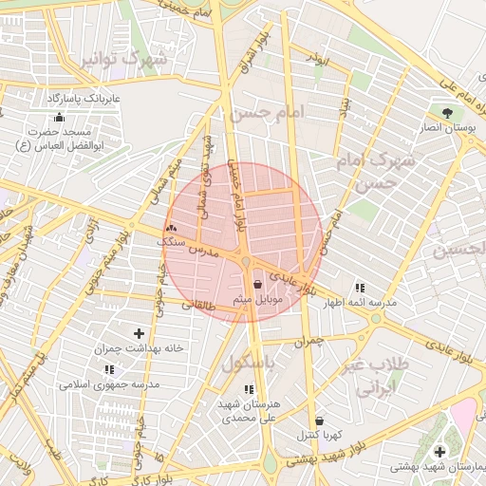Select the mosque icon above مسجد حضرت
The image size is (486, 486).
(60, 118)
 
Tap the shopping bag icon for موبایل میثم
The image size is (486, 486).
(258, 283)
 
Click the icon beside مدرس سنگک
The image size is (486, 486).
(171, 228)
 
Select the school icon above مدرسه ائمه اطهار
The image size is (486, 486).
(359, 287)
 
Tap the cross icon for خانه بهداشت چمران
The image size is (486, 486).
(140, 332)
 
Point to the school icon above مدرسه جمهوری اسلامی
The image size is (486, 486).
(108, 369)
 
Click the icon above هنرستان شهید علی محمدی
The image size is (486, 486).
(249, 389)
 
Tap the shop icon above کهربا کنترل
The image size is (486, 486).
(319, 420)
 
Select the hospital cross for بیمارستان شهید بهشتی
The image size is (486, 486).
(439, 451)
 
